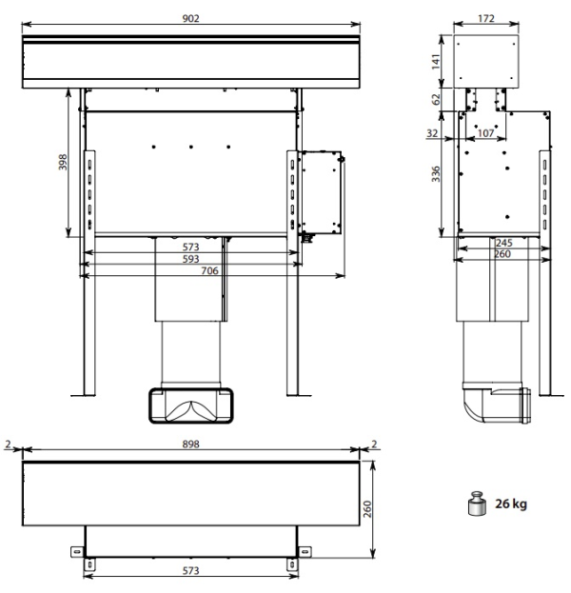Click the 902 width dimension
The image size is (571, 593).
tap(190, 18)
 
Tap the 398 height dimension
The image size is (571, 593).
tap(63, 162)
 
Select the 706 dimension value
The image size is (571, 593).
tap(209, 270)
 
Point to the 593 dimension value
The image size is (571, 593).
tap(190, 259)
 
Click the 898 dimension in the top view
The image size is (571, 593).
tap(190, 444)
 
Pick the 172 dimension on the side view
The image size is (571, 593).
tap(486, 18)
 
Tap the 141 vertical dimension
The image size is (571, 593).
tap(436, 61)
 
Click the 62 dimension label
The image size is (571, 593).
tap(436, 99)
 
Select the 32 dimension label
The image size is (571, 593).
tap(432, 133)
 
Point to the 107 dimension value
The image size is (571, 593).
tap(485, 133)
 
